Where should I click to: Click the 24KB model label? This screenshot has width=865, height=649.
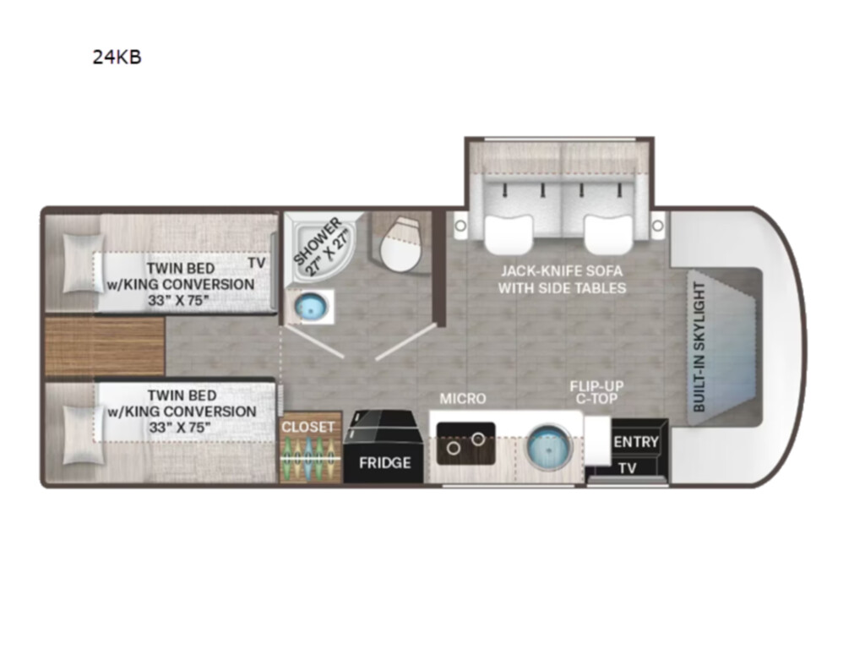point(117,57)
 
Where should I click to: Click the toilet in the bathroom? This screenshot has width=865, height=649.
point(400,243)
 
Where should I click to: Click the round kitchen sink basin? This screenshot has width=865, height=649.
point(549,446)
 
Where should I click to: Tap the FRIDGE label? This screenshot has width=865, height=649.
point(385,462)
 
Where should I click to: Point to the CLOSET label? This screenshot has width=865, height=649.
point(308,427)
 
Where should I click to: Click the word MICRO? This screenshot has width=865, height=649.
point(463,399)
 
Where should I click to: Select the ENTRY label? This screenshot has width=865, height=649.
point(636,441)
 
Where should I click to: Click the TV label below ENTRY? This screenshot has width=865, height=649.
point(628,468)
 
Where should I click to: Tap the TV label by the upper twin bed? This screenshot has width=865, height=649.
point(257,263)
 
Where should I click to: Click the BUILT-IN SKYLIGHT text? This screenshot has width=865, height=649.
point(699,346)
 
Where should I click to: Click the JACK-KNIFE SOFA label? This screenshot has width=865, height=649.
point(562,271)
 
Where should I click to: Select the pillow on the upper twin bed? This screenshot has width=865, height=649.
point(84,263)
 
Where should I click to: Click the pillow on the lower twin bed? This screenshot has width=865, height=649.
point(84,435)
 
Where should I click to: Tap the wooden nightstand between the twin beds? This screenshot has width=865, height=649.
point(104,346)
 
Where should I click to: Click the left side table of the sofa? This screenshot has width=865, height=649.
point(460,226)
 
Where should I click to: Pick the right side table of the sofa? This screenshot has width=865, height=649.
point(657,226)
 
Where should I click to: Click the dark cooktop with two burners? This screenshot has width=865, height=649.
point(465,443)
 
